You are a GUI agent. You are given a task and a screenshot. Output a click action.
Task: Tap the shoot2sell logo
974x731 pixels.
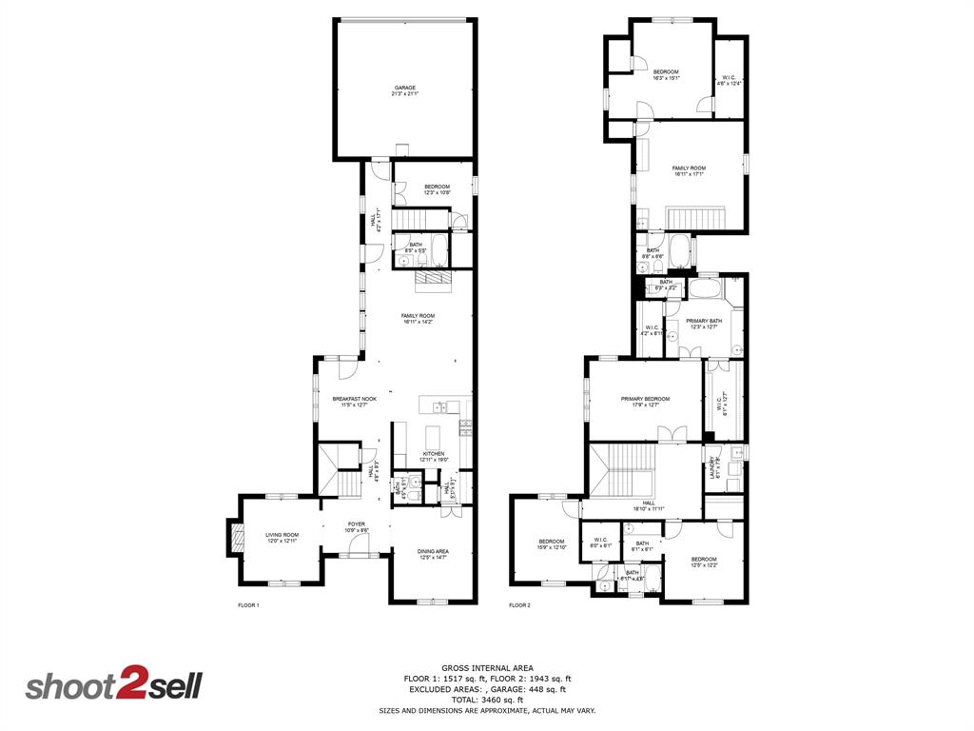pos(113,686)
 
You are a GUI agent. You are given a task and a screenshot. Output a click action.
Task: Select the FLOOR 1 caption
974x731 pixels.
pos(247,605)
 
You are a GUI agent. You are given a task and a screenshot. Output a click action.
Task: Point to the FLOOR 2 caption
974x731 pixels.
pos(519,605)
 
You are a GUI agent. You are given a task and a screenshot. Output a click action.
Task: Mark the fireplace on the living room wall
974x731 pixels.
pos(230,538)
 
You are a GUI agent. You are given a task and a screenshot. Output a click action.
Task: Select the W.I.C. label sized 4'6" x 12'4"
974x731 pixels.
pos(729,81)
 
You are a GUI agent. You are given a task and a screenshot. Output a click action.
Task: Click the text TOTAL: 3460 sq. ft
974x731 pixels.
pos(487,700)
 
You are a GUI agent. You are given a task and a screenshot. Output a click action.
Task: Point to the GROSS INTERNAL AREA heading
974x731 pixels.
pos(487,667)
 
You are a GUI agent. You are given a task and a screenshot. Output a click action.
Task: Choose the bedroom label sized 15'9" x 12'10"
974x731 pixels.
pos(553,544)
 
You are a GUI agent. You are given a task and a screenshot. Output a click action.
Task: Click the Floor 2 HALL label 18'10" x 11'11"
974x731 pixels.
pos(649,505)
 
